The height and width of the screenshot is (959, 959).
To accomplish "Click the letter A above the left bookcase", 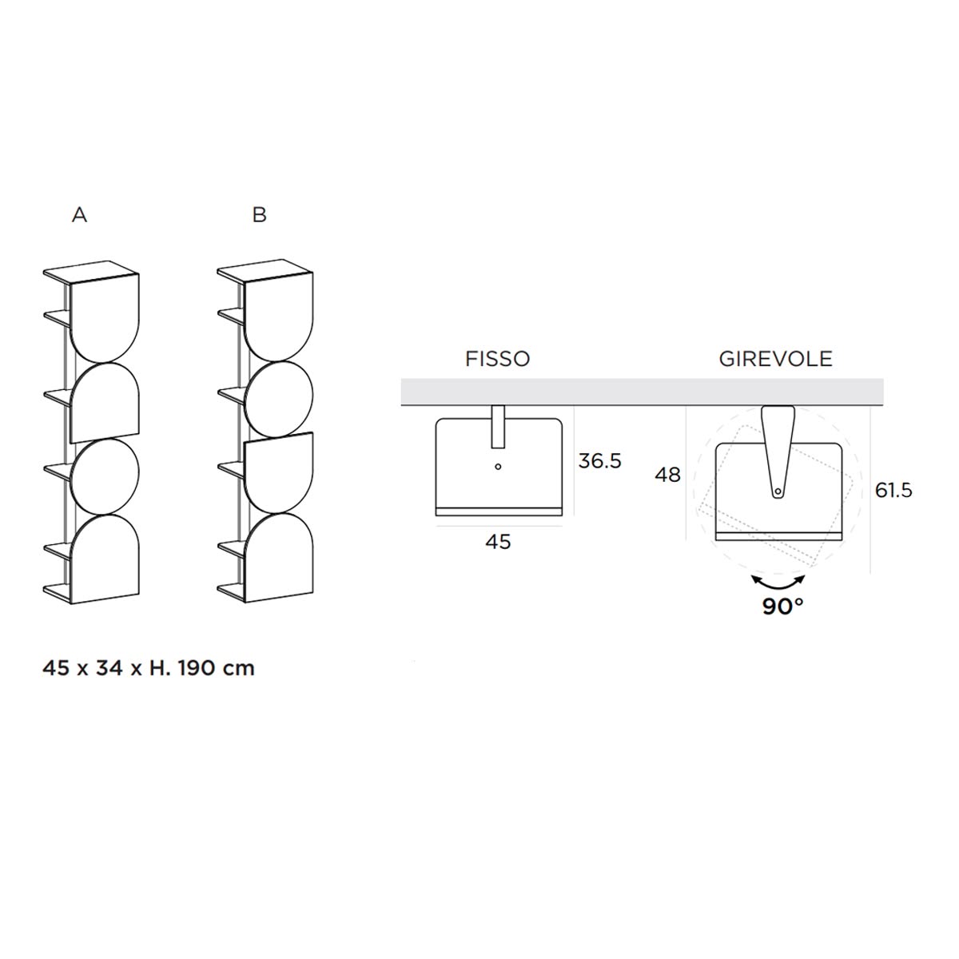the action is click(x=80, y=214).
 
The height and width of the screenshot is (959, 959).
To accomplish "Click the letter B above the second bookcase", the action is click(x=259, y=214).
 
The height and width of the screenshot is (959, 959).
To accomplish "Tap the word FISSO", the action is click(x=497, y=359).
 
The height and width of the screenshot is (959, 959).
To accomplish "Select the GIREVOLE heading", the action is click(x=775, y=359).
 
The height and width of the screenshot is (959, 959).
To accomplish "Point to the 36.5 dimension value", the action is click(x=599, y=461).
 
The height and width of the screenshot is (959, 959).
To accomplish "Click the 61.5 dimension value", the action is click(x=893, y=490).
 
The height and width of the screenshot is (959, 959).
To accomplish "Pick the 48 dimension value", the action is click(x=667, y=475).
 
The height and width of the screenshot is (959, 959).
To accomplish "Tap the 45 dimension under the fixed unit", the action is click(x=498, y=542).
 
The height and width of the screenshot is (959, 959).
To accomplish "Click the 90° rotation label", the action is click(x=783, y=606).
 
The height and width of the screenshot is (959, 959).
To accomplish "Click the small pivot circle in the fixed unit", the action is click(x=498, y=466).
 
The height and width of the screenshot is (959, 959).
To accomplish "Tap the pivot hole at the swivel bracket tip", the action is click(x=778, y=492).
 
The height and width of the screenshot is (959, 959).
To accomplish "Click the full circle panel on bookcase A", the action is click(x=105, y=476).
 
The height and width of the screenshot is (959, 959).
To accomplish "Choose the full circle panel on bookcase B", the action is click(x=279, y=399).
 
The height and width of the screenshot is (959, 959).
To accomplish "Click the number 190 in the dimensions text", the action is click(x=198, y=668).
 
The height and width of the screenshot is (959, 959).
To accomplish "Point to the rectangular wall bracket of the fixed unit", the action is click(x=498, y=427).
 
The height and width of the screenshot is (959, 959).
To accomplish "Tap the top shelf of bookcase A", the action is click(x=91, y=273).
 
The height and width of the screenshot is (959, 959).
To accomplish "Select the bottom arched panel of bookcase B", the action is click(x=279, y=557).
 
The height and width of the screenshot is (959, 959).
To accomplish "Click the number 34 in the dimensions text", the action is click(x=109, y=668).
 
